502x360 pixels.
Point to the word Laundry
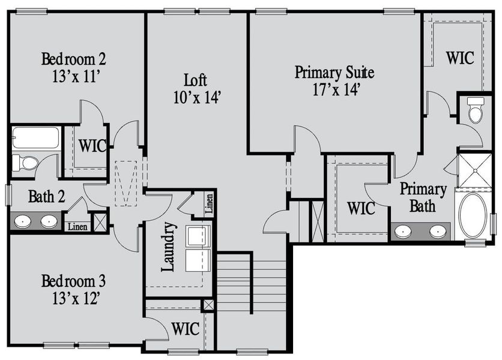click(169, 247)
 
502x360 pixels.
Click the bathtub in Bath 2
click(35, 137)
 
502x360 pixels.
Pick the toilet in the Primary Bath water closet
click(476, 110)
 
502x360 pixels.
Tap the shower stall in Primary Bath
click(474, 171)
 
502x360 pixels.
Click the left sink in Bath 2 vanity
click(23, 221)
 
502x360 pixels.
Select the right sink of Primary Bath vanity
click(438, 230)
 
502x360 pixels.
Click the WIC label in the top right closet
click(459, 58)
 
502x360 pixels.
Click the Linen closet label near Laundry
click(208, 205)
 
